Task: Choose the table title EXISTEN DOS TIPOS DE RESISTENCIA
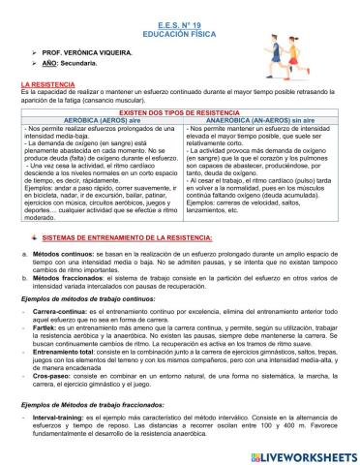pyautogui.click(x=180, y=112)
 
